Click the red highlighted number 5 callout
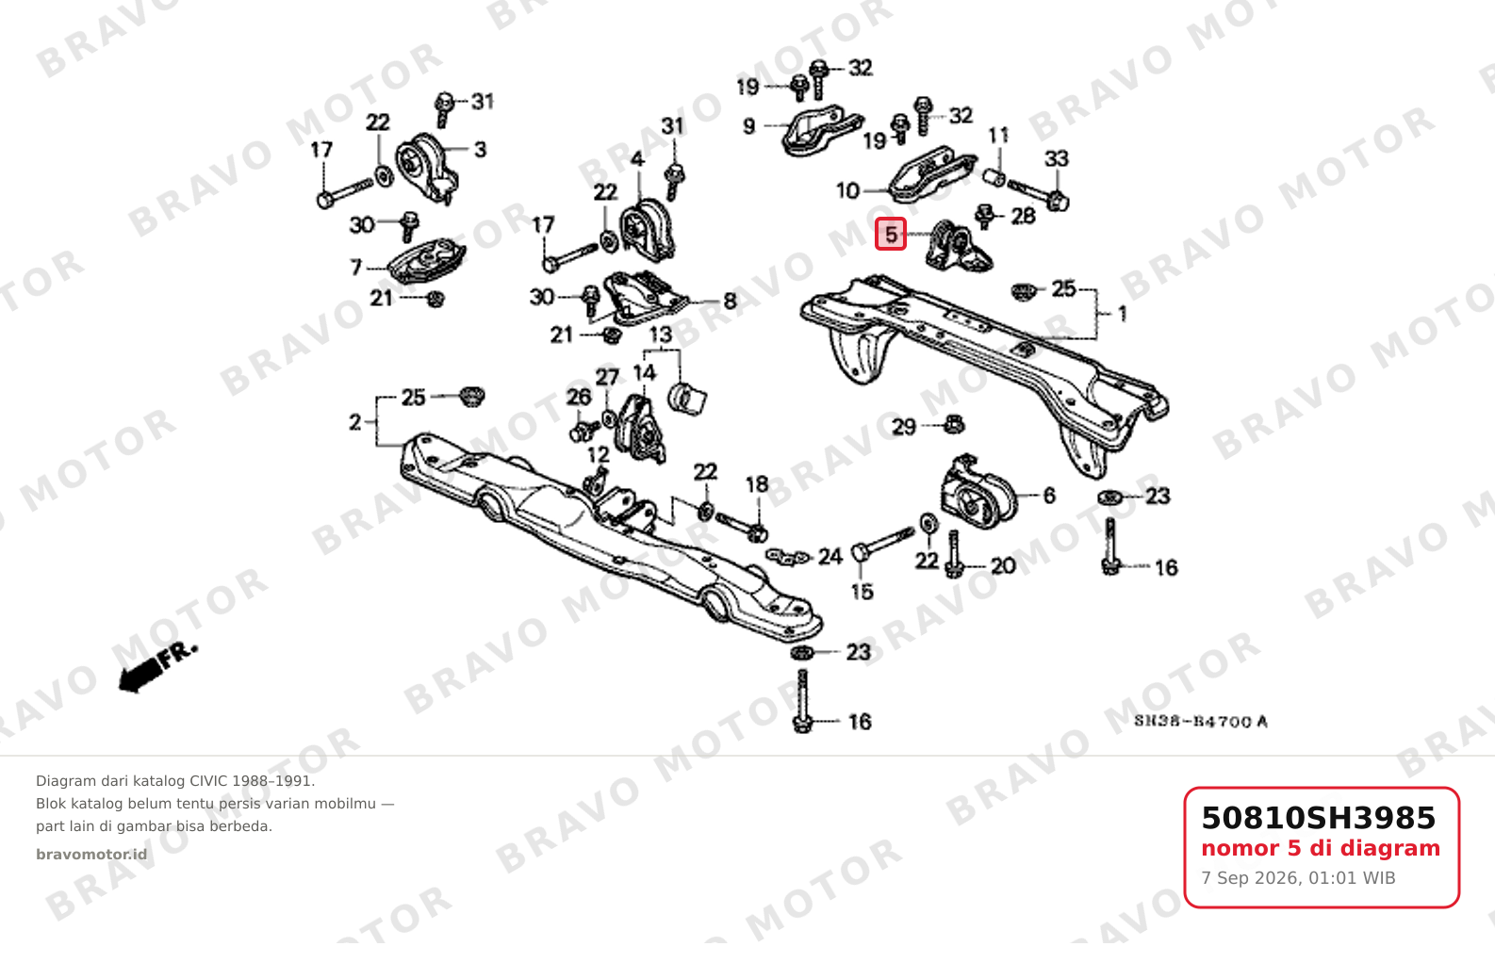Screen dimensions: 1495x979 891,235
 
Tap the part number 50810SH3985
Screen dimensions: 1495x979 1318,818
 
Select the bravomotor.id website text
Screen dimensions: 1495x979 91,855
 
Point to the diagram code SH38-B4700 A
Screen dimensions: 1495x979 1201,722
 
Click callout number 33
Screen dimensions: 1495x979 1057,159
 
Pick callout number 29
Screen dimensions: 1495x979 904,427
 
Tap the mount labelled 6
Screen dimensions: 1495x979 977,492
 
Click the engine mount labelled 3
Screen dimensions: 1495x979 427,169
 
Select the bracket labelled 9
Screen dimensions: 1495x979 821,130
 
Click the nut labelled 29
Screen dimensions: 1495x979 954,424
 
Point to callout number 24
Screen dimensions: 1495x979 830,556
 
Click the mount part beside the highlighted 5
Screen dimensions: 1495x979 958,246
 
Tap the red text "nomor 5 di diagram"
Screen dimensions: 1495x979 1321,848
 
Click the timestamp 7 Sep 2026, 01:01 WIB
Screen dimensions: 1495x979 1298,877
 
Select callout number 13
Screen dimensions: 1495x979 661,334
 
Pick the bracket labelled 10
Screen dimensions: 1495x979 932,174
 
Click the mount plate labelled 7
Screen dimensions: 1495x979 427,261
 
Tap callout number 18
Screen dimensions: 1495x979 757,484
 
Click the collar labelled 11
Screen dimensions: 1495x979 994,178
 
